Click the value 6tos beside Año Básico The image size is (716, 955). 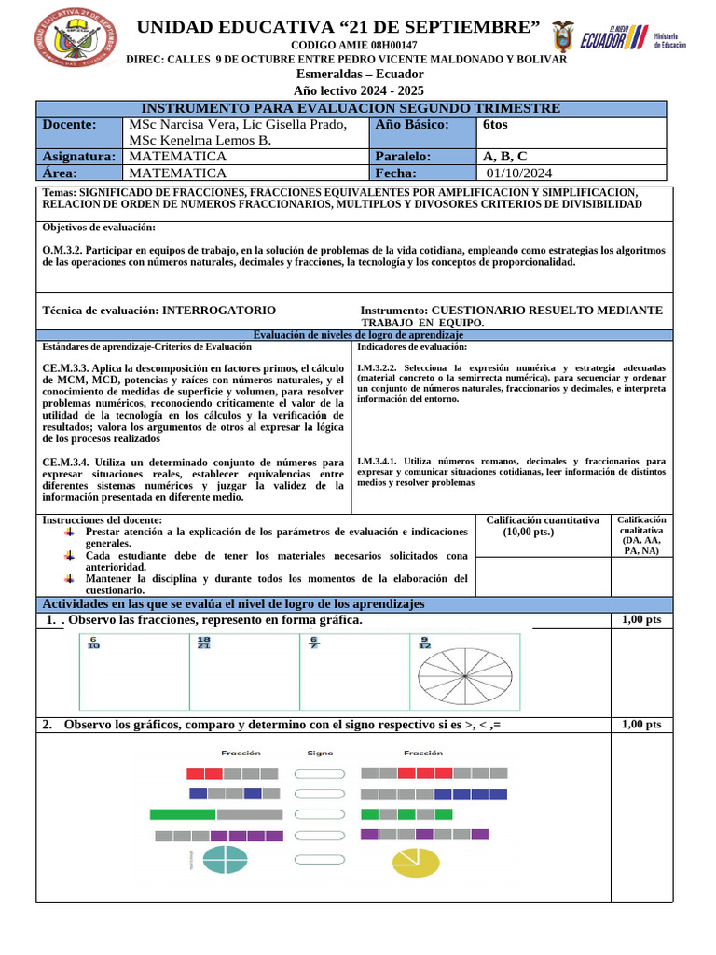point(496,124)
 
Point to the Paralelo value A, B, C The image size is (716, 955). point(504,156)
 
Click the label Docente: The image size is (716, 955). point(70,124)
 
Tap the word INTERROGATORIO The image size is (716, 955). point(219,310)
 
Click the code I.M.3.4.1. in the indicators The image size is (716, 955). point(379,461)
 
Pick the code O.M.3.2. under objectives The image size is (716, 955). point(64,250)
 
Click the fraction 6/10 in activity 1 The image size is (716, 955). point(93,643)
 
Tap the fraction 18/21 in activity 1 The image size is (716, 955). point(204,643)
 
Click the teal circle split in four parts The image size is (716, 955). point(225,859)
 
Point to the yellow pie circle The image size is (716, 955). point(414,862)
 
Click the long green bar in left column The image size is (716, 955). point(183,814)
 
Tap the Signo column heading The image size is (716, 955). point(320,753)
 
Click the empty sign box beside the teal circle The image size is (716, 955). point(320,860)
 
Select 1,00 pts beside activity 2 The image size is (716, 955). point(640,725)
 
